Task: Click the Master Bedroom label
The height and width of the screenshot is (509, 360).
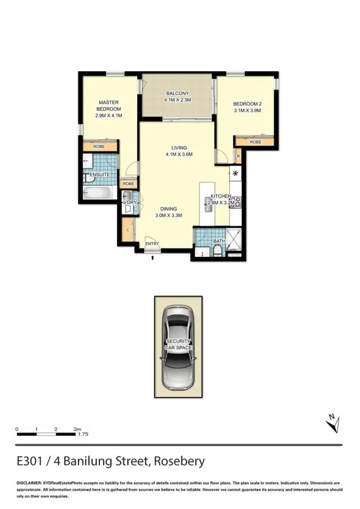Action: coord(108,109)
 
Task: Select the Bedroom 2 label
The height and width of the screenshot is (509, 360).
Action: coord(247,107)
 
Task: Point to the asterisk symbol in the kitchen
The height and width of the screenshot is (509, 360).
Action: coord(236,173)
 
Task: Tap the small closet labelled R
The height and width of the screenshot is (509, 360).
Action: coord(238,155)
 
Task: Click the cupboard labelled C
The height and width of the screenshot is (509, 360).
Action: coord(128,230)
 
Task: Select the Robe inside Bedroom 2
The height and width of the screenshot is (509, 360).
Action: coord(255,142)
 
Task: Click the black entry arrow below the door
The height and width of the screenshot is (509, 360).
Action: coord(153,258)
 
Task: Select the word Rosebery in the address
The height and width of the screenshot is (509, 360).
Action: coord(179,461)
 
